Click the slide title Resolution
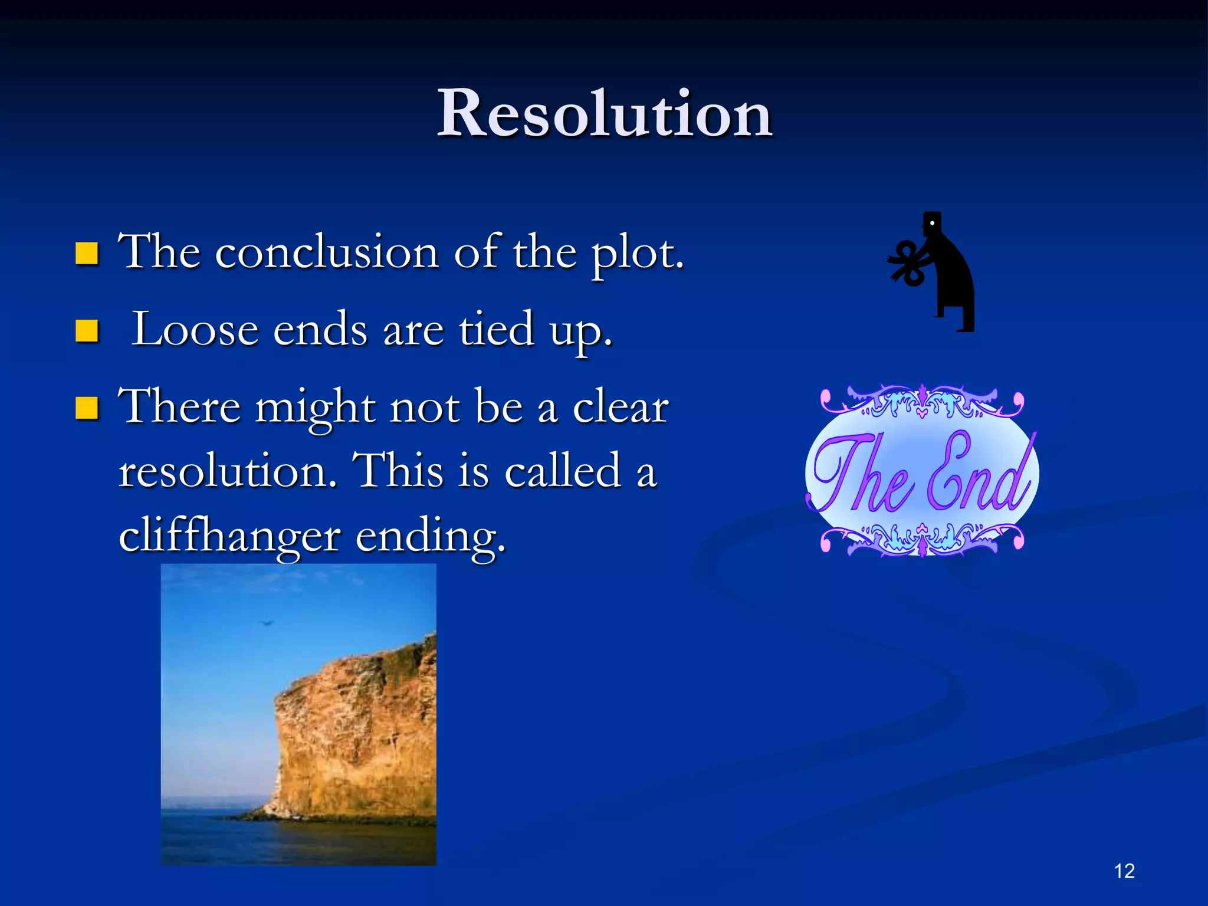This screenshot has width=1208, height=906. (x=604, y=113)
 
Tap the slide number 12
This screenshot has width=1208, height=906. (x=1124, y=871)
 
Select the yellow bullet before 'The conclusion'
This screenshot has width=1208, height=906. (x=87, y=254)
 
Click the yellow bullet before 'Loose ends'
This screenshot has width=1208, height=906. (x=87, y=331)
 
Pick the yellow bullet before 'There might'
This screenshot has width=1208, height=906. (x=87, y=408)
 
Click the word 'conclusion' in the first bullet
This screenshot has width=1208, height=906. (x=327, y=254)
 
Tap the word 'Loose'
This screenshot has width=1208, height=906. (x=195, y=330)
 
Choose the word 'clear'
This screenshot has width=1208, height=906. (x=621, y=407)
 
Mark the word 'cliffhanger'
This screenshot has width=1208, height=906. (x=229, y=536)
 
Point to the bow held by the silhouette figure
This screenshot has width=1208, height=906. (x=907, y=263)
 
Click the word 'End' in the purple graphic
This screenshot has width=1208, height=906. (x=979, y=475)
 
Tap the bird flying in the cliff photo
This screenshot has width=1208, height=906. (x=267, y=622)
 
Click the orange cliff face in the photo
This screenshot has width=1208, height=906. (x=354, y=737)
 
